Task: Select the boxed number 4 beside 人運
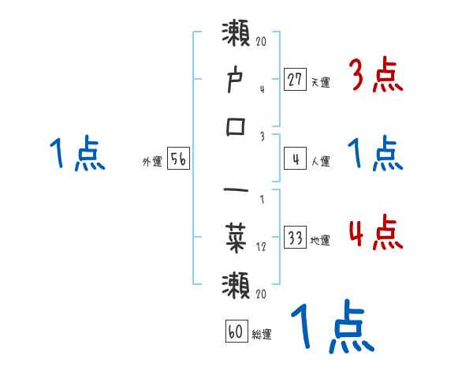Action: (295, 159)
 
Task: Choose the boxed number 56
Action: (178, 159)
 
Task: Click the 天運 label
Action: (321, 82)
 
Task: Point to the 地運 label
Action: (321, 241)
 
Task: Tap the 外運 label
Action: (152, 162)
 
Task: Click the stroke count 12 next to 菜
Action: (261, 245)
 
